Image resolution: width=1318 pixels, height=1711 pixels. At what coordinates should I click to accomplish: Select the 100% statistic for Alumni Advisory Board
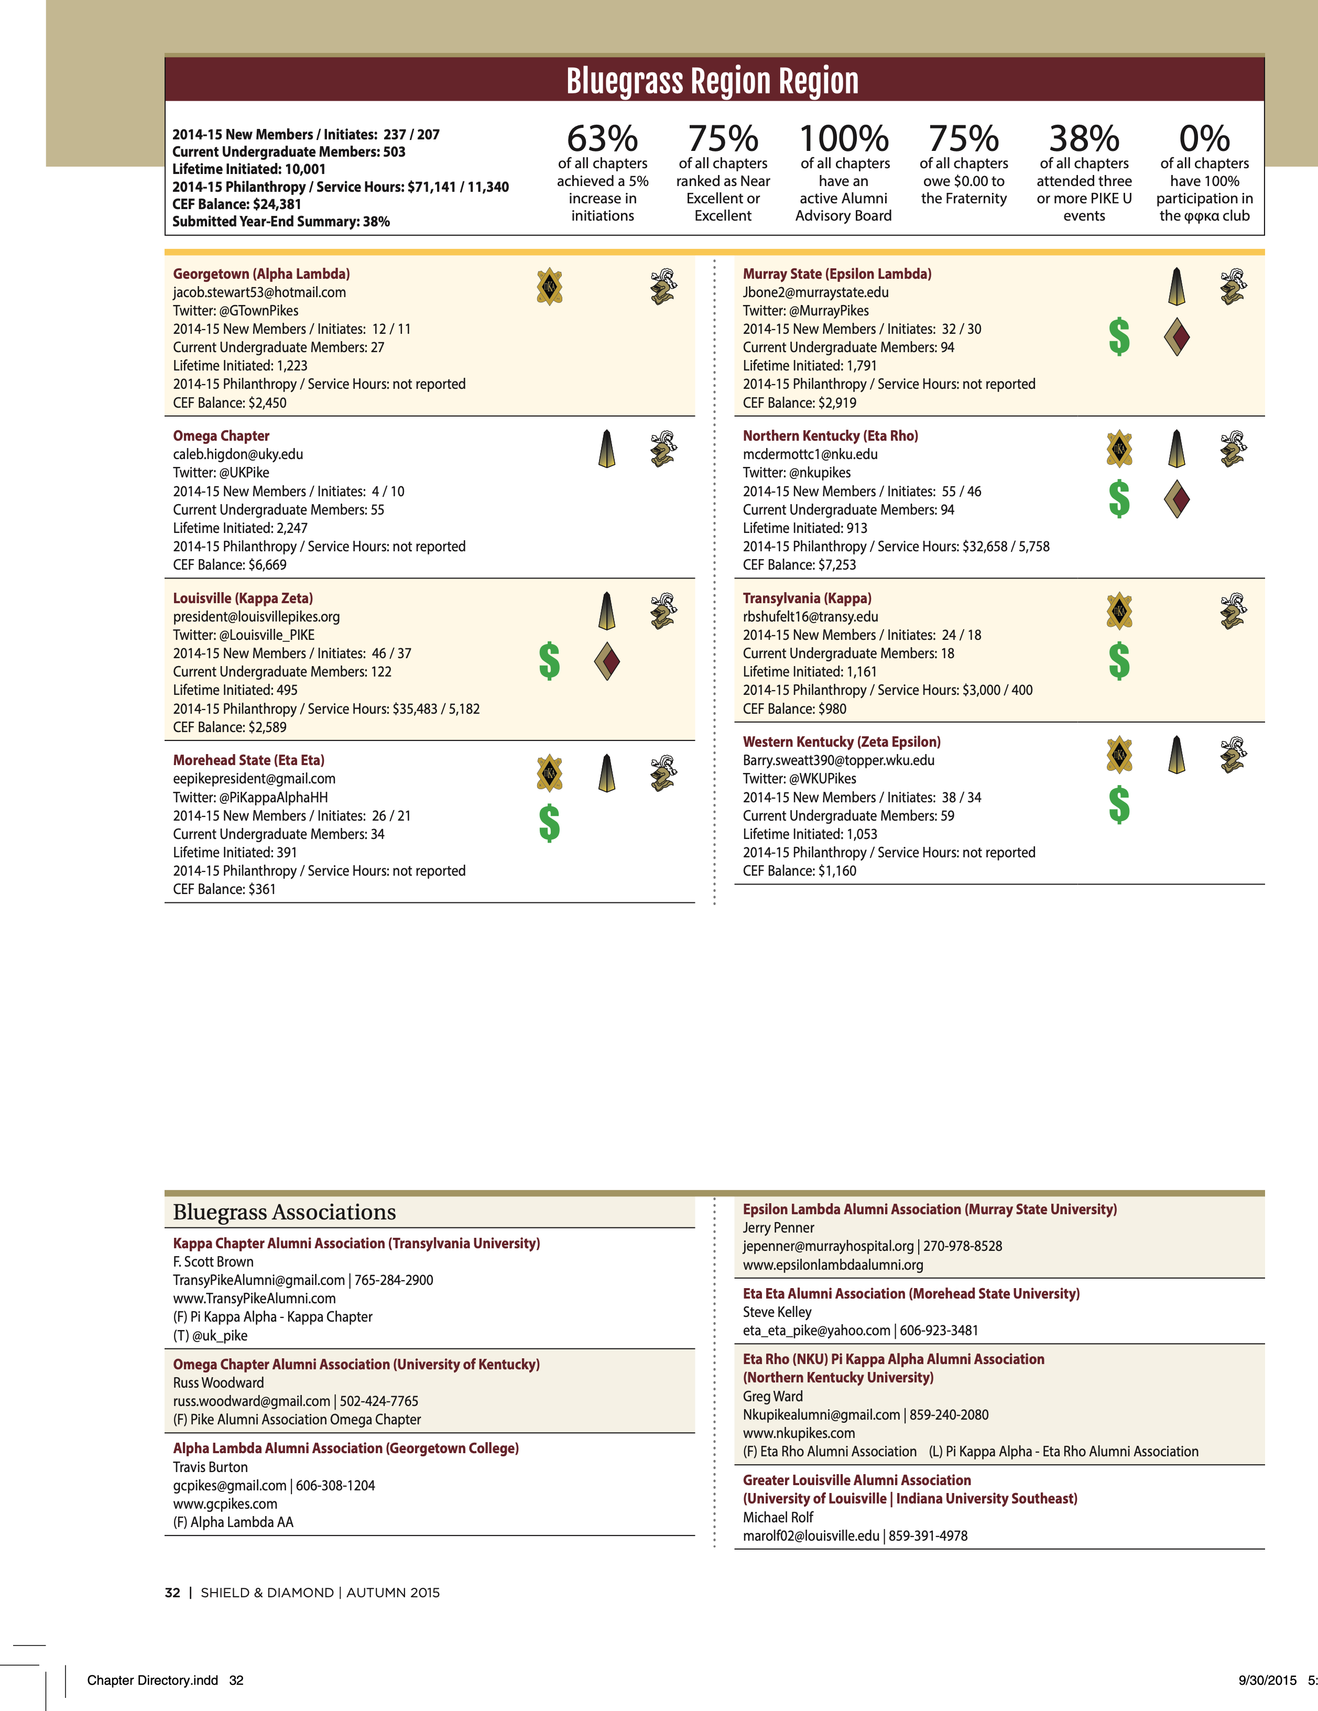coord(843,139)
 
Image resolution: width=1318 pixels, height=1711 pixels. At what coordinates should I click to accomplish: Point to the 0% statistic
coord(1204,139)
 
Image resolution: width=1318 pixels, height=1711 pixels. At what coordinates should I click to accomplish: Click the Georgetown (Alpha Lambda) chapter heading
coord(262,274)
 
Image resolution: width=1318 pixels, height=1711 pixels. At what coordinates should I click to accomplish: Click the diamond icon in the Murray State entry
coord(1177,337)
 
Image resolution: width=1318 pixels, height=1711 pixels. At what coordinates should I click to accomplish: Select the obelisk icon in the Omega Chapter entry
coord(606,449)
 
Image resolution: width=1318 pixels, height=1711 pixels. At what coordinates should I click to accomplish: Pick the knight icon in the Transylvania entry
coord(1233,611)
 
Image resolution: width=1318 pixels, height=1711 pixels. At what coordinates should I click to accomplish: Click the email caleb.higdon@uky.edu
coord(238,454)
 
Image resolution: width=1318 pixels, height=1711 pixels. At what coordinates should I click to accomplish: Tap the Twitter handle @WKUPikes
coord(822,779)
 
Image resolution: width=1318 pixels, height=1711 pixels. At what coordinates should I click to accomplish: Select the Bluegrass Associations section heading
coord(285,1212)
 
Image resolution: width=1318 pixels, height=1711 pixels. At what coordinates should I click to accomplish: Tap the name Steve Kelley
coord(777,1312)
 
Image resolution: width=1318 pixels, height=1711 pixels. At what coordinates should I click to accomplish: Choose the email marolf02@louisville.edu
coord(811,1535)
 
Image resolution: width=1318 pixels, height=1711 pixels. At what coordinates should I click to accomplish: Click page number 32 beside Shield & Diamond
coord(172,1593)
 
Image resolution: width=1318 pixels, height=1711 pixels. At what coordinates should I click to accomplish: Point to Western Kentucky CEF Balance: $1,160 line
coord(799,870)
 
